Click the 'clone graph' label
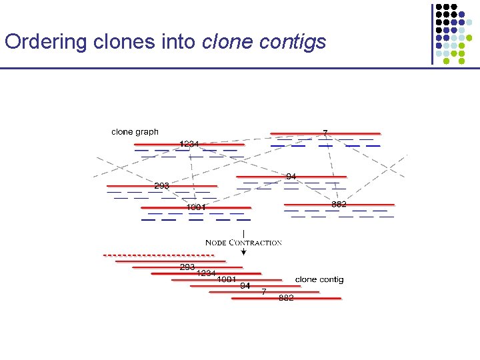[x=135, y=132]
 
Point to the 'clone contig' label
[x=319, y=279]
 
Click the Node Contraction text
[x=243, y=243]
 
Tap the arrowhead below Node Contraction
[x=243, y=253]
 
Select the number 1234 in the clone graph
[x=189, y=143]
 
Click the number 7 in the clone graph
[x=325, y=133]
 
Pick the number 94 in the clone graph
[x=291, y=177]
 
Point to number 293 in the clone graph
[x=162, y=185]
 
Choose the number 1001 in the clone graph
[x=196, y=207]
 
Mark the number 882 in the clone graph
[x=339, y=204]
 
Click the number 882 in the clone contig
[x=286, y=298]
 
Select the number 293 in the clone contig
[x=187, y=267]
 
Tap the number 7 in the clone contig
[x=264, y=292]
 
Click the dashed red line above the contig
[x=157, y=255]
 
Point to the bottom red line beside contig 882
[x=313, y=299]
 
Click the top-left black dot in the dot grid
[x=439, y=6]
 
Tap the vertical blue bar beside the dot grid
[x=432, y=33]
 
